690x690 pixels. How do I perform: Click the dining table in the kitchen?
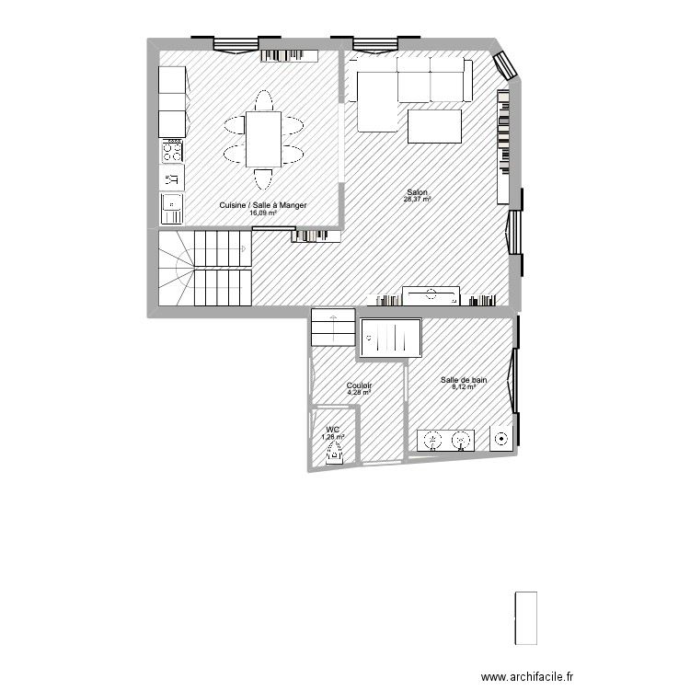pyautogui.click(x=264, y=138)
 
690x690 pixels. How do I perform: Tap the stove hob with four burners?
pyautogui.click(x=172, y=151)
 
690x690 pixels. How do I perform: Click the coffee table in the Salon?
pyautogui.click(x=434, y=126)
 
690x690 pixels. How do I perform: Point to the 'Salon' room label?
pyautogui.click(x=417, y=192)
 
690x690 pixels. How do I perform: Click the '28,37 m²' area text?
pyautogui.click(x=418, y=199)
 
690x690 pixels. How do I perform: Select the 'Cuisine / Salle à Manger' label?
pyautogui.click(x=263, y=206)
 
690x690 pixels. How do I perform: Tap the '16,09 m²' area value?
pyautogui.click(x=263, y=213)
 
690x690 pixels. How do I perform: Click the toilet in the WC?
pyautogui.click(x=335, y=451)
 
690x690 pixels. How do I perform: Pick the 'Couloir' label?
pyautogui.click(x=359, y=385)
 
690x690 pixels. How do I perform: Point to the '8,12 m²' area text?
pyautogui.click(x=464, y=386)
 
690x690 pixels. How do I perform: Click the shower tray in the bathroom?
pyautogui.click(x=391, y=337)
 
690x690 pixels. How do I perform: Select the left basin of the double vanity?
pyautogui.click(x=432, y=441)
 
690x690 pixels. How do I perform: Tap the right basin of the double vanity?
pyautogui.click(x=460, y=441)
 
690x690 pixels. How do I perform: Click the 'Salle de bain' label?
pyautogui.click(x=464, y=379)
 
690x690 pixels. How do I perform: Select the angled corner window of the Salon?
pyautogui.click(x=505, y=63)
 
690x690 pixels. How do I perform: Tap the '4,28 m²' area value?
pyautogui.click(x=359, y=393)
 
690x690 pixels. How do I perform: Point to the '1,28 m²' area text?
pyautogui.click(x=333, y=436)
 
